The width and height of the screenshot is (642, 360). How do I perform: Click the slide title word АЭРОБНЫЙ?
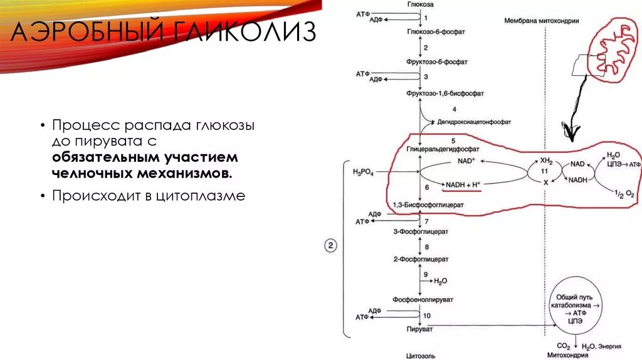82,31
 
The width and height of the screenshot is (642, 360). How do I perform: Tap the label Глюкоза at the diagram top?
420,4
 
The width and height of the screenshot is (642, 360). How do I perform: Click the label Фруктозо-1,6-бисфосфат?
437,93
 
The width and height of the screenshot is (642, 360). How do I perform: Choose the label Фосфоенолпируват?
423,300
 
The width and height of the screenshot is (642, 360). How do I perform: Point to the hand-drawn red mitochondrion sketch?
611,49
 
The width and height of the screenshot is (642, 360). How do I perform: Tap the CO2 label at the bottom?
564,346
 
